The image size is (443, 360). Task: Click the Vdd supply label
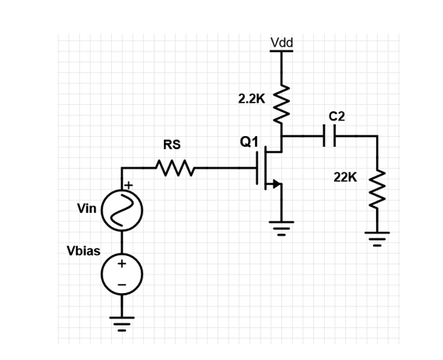281,42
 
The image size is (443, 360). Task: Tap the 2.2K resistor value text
251,99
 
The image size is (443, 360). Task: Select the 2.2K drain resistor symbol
281,100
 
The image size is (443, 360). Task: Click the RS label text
172,144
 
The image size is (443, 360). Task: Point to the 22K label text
344,177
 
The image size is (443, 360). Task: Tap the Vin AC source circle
121,211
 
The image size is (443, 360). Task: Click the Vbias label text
83,251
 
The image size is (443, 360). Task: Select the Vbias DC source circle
121,274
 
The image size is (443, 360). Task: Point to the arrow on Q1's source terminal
275,184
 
